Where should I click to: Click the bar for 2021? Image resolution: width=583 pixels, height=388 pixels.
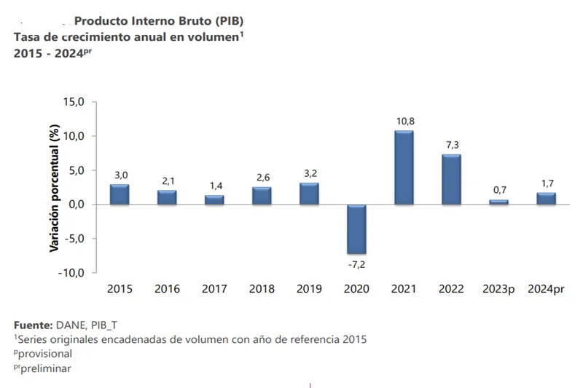[x=404, y=167]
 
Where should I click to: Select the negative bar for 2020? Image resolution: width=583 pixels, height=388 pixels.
[x=356, y=229]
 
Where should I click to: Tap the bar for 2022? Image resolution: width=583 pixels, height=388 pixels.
[x=451, y=179]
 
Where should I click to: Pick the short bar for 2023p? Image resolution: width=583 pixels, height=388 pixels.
[x=498, y=202]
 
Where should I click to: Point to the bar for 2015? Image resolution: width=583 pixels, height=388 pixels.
[x=120, y=194]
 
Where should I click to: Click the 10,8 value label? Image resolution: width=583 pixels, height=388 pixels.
[x=404, y=122]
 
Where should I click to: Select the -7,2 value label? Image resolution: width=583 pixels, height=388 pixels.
[x=356, y=263]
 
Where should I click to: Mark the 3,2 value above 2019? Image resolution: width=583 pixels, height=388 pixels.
[x=309, y=173]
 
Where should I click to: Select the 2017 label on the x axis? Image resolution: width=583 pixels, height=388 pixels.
[x=214, y=289]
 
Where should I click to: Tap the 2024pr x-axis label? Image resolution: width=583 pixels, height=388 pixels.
[x=546, y=289]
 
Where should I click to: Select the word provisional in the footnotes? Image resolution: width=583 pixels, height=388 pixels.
[x=47, y=353]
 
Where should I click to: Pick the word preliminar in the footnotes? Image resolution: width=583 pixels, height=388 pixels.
[x=47, y=368]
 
